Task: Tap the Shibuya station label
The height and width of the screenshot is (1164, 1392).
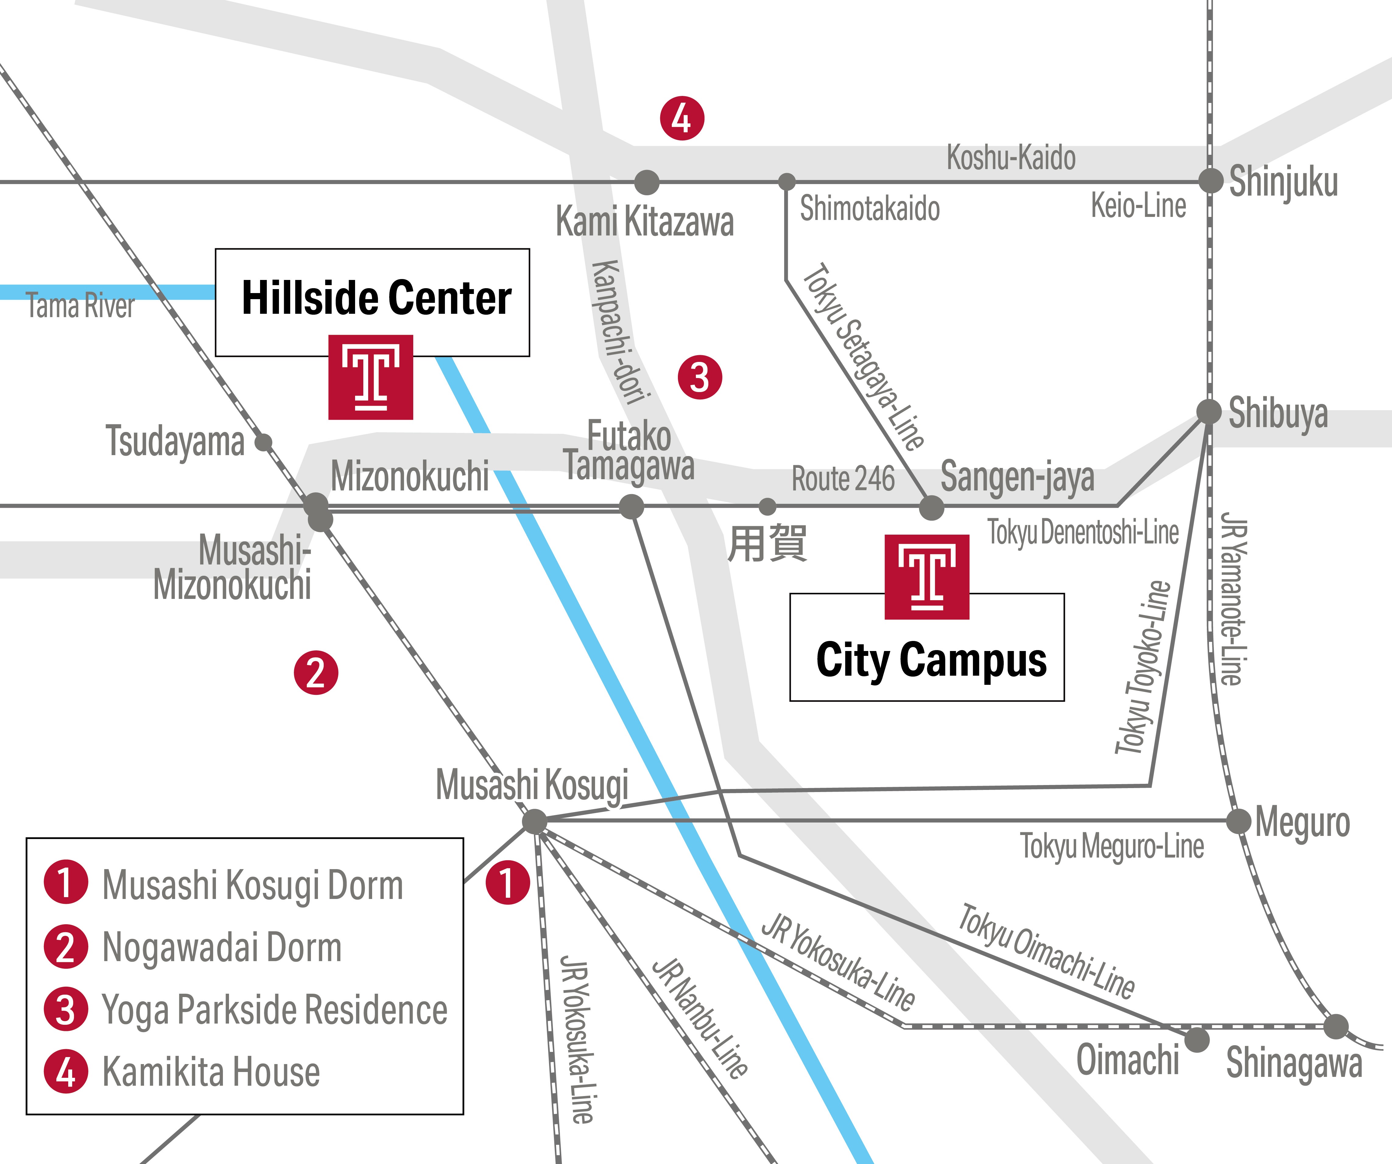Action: (1278, 414)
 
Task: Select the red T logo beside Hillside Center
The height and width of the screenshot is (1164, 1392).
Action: (371, 377)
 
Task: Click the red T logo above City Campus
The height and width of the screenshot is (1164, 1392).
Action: (927, 576)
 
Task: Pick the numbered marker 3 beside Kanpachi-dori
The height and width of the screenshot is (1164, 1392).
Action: (699, 377)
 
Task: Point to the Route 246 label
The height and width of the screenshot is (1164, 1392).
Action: (843, 479)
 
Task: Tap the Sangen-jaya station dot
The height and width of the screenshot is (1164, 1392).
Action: (931, 508)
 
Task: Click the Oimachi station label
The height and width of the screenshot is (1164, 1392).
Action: (1128, 1060)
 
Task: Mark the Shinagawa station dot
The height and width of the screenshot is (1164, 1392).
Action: (1336, 1027)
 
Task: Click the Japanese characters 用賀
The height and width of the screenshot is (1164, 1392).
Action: (767, 544)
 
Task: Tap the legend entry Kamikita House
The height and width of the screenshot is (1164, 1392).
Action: (211, 1073)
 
